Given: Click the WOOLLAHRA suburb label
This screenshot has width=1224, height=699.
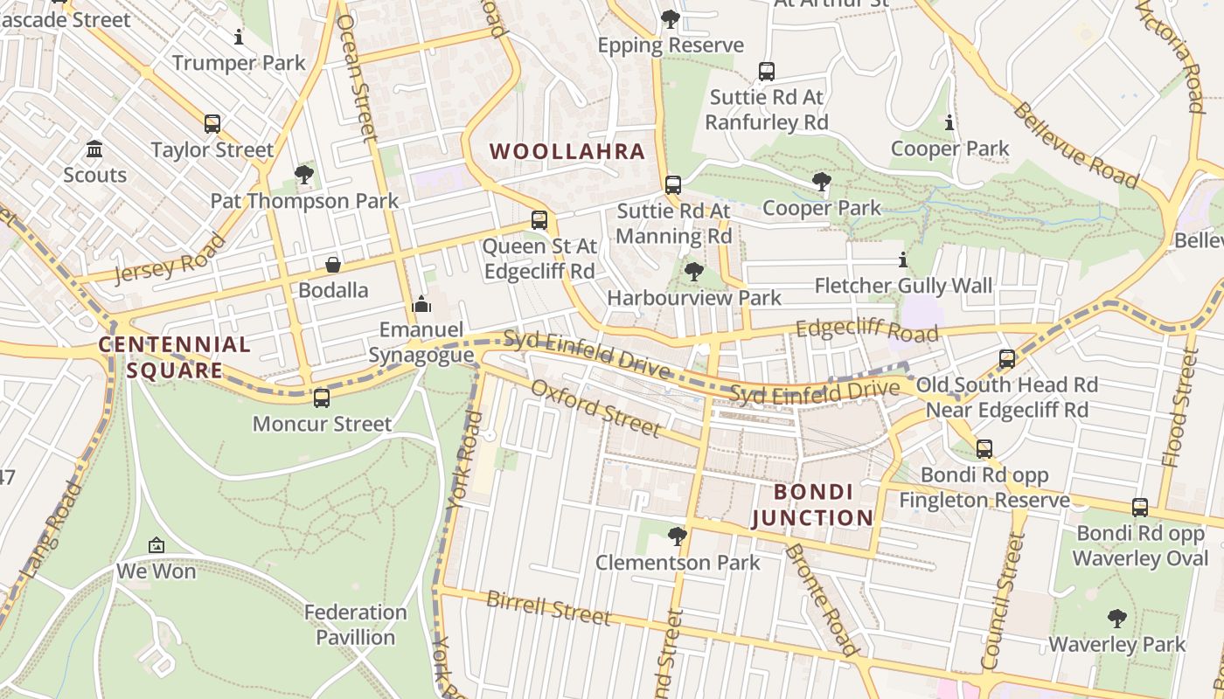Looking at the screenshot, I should click(x=567, y=151).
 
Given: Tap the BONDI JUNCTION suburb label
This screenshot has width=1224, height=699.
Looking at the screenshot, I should click(x=812, y=504).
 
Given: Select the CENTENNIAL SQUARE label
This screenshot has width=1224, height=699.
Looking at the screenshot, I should click(x=174, y=356).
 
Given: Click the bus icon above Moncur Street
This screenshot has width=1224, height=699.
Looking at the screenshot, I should click(x=322, y=398).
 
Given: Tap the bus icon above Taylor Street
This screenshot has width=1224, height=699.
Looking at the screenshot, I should click(x=212, y=124).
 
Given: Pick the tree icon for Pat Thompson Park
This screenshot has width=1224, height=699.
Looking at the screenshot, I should click(x=304, y=175).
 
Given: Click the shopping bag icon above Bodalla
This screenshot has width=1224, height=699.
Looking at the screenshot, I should click(x=333, y=264).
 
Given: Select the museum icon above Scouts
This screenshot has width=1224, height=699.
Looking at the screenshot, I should click(x=94, y=149).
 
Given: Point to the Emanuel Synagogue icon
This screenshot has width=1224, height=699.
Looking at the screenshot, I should click(x=421, y=304).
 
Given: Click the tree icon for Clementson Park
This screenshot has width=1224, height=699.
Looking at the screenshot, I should click(x=678, y=536).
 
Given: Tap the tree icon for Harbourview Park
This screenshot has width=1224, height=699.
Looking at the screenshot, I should click(x=694, y=272).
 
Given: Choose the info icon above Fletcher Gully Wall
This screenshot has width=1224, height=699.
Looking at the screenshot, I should click(x=903, y=260).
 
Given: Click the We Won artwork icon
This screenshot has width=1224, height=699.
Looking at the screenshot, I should click(x=156, y=546).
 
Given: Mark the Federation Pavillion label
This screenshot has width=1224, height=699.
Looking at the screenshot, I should click(x=356, y=625).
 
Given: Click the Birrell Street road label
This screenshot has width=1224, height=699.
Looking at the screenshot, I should click(x=548, y=608).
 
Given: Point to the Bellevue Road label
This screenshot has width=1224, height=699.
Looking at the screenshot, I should click(x=1076, y=146).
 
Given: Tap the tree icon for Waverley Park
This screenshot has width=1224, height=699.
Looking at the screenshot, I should click(x=1116, y=619).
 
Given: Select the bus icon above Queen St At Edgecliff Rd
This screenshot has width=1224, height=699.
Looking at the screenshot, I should click(x=539, y=220).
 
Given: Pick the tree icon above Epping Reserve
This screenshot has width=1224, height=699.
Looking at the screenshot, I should click(x=671, y=18).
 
